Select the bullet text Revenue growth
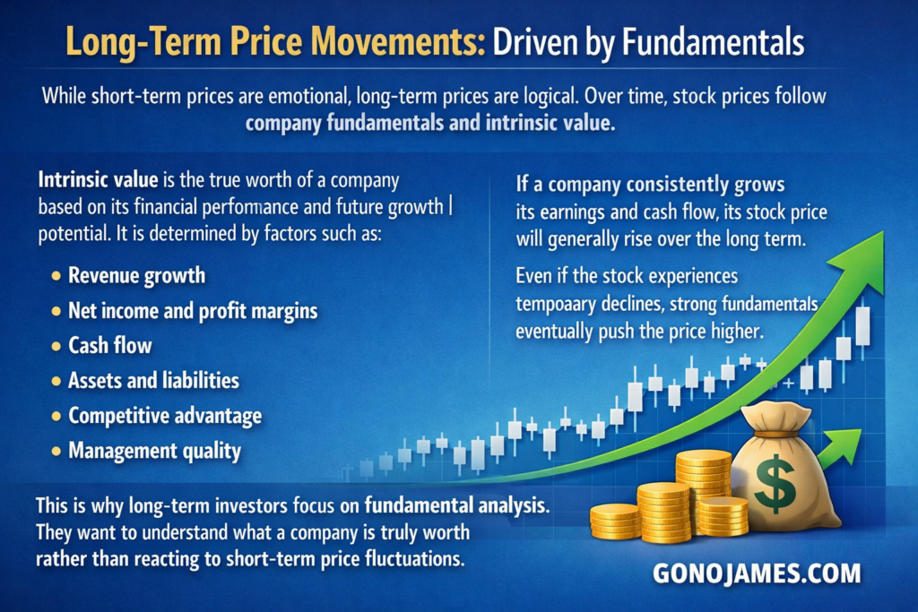137,276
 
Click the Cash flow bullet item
110,345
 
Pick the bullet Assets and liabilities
153,380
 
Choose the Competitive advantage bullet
165,416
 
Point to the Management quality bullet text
154,451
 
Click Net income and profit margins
193,311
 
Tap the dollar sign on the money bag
775,483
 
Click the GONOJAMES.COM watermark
757,573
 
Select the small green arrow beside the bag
839,448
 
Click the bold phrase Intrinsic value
98,179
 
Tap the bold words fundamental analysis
456,505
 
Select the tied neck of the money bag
779,434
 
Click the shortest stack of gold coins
614,521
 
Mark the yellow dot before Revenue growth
56,276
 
